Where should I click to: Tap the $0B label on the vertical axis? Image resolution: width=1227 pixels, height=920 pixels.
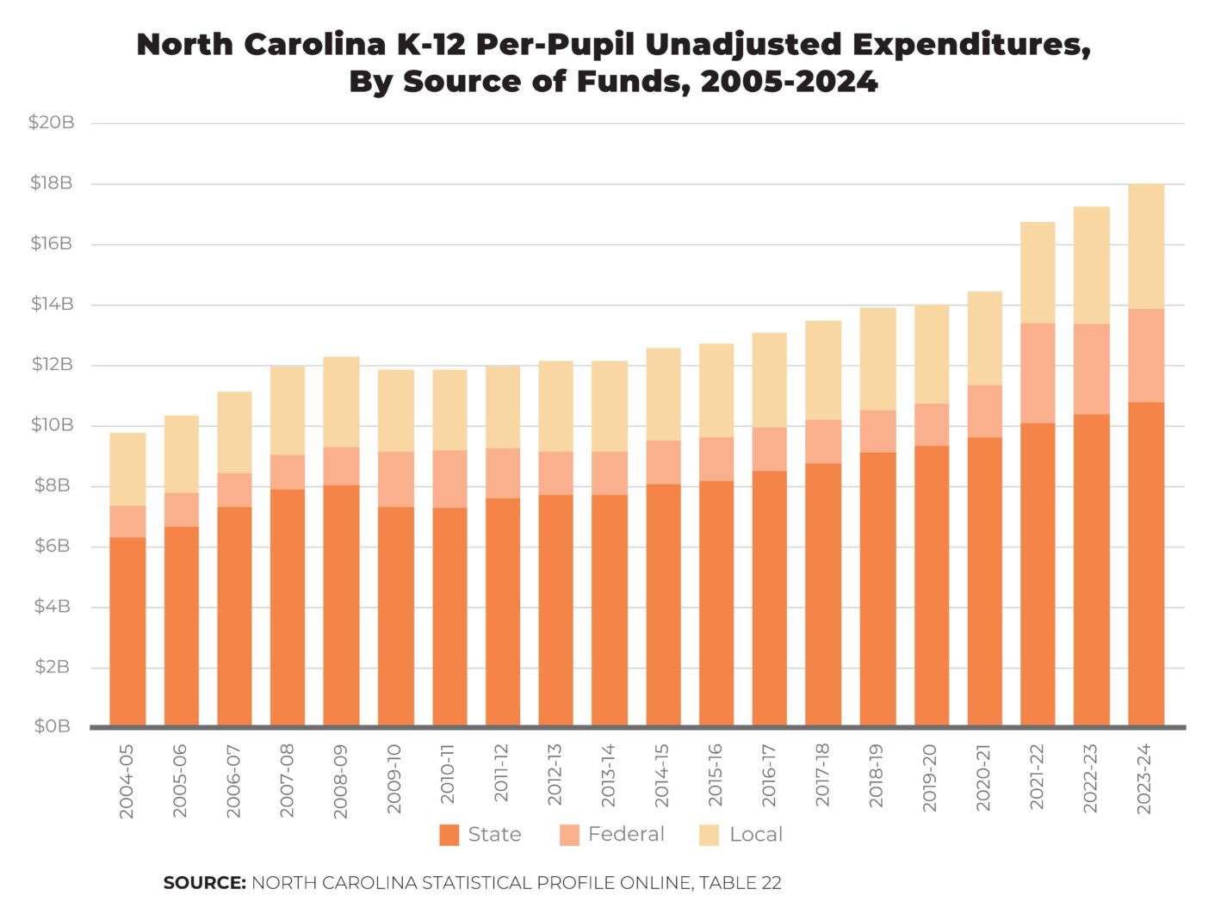tap(52, 726)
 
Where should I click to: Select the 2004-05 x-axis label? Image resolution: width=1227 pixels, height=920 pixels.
tap(127, 781)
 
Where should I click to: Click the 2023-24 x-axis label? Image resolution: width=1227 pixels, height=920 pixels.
tap(1144, 779)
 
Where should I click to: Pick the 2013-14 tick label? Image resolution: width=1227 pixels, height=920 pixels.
tap(609, 776)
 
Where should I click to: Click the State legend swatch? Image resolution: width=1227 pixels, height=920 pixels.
tap(449, 835)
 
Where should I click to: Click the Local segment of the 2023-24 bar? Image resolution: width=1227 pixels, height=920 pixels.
tap(1146, 247)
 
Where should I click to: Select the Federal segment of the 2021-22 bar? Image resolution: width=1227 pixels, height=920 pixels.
tap(1038, 373)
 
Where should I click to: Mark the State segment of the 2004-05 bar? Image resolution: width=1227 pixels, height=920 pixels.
tap(127, 632)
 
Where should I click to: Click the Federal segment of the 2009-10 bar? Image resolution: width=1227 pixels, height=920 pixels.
tap(396, 479)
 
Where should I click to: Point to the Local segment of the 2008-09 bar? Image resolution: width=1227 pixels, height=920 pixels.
tap(342, 402)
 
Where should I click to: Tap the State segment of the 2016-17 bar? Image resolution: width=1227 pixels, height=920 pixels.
tap(770, 598)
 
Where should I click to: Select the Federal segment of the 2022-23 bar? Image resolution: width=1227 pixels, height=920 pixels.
tap(1091, 369)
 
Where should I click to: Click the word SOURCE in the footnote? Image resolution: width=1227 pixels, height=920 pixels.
tap(205, 883)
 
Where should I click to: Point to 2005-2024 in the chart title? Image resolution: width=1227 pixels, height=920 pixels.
tap(789, 82)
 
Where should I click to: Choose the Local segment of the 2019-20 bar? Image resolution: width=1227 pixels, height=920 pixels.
tap(931, 355)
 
